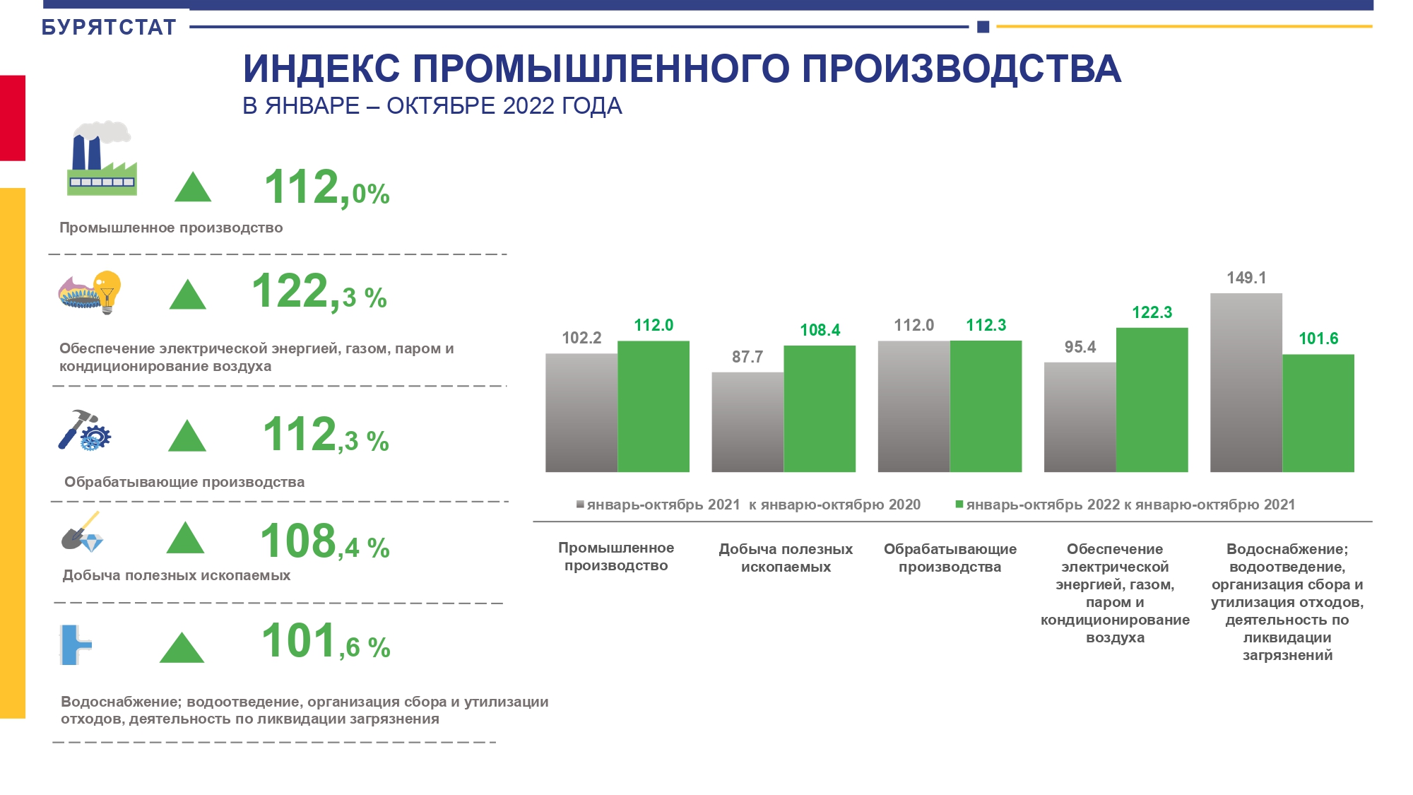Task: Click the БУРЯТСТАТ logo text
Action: [109, 28]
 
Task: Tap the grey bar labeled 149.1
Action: [1246, 382]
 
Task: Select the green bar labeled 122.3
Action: [1152, 399]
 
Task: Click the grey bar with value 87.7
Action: [747, 422]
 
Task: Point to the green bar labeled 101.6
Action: [1318, 413]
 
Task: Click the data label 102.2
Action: [581, 338]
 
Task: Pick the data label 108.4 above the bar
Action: [820, 330]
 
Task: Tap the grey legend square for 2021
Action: [580, 505]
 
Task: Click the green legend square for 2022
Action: [959, 505]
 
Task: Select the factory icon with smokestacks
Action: [102, 158]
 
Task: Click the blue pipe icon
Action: [74, 644]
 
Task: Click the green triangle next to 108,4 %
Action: [185, 538]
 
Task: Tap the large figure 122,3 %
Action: [319, 292]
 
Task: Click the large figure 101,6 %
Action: [326, 642]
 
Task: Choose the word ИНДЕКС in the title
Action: [321, 69]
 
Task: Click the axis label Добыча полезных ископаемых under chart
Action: [786, 558]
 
